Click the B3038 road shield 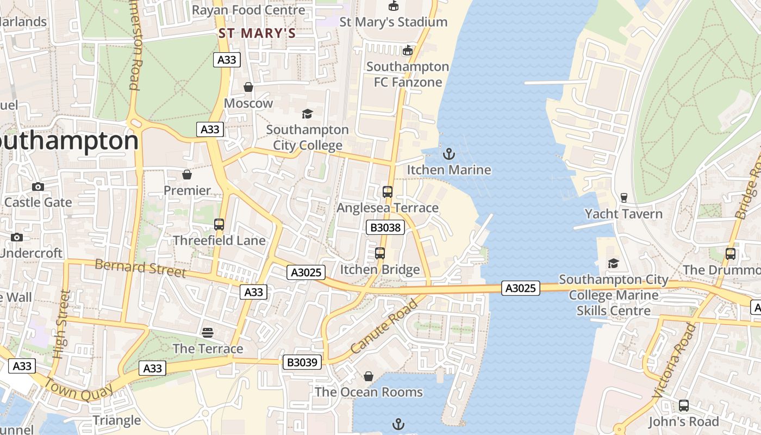coord(385,227)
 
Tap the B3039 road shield coord(302,362)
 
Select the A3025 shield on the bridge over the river coord(520,288)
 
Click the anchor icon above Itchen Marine coord(448,154)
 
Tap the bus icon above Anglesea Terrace coord(387,191)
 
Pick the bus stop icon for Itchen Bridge coord(379,253)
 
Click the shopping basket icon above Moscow coord(248,87)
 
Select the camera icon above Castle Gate coord(38,187)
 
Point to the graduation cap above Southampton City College coord(307,114)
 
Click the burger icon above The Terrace coord(208,332)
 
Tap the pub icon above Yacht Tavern coord(623,197)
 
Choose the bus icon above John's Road coord(683,406)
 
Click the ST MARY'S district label coord(257,34)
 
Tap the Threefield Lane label coord(219,240)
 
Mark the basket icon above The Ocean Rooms coord(368,376)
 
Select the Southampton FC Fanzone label coord(408,74)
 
